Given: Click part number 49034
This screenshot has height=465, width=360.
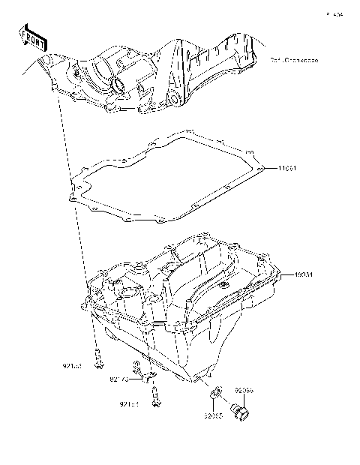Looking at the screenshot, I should coord(292,275).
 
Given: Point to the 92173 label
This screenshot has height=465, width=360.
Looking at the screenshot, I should coord(120,380).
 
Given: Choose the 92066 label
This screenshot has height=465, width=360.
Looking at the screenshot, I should coord(245,391).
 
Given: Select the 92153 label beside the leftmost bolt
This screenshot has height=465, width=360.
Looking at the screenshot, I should coord(72,366).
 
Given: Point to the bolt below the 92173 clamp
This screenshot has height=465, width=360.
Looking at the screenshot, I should coord(155,397).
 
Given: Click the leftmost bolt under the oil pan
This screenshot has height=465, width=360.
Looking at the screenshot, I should coord(97,358).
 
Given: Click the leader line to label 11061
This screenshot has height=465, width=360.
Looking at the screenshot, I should coord(271,168).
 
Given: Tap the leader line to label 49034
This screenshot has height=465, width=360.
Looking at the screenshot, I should coord(281,275).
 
